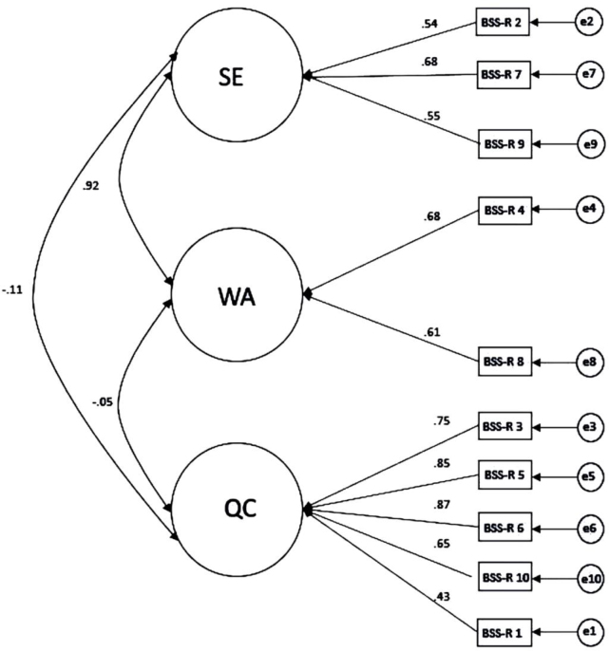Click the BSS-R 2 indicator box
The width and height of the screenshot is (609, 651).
pyautogui.click(x=503, y=22)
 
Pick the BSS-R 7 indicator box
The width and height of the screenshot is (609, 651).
pyautogui.click(x=504, y=74)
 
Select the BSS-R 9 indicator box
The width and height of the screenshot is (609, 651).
pyautogui.click(x=505, y=143)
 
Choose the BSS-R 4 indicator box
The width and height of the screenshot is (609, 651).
pyautogui.click(x=505, y=211)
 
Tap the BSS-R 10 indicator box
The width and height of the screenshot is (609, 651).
pyautogui.click(x=505, y=577)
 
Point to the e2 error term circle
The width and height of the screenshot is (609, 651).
pyautogui.click(x=588, y=22)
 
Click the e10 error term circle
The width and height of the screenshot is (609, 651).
pyautogui.click(x=590, y=578)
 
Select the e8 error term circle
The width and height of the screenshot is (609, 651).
pyautogui.click(x=589, y=363)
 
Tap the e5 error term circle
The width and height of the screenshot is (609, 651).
pyautogui.click(x=589, y=476)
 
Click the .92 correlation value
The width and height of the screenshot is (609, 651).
pyautogui.click(x=91, y=186)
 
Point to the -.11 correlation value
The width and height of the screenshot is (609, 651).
pyautogui.click(x=12, y=289)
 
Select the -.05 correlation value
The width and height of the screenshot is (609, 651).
pyautogui.click(x=103, y=402)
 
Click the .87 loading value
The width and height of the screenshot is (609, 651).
pyautogui.click(x=442, y=505)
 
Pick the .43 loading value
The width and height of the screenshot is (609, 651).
pyautogui.click(x=442, y=597)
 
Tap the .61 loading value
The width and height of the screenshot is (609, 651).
pyautogui.click(x=432, y=332)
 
